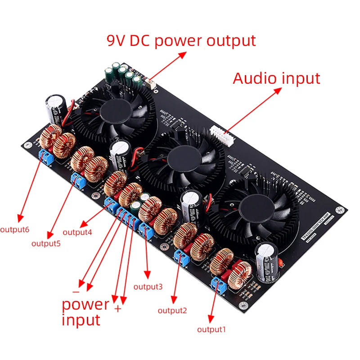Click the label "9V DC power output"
[x=181, y=40]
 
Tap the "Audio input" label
[x=276, y=78]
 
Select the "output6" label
[x=15, y=229]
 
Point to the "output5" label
[x=46, y=243]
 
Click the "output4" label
[x=77, y=232]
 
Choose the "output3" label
[x=148, y=287]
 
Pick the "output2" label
[x=172, y=310]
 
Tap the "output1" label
[x=211, y=329]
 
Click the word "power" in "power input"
[x=85, y=304]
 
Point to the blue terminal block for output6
[x=45, y=156]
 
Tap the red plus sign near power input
[x=118, y=309]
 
